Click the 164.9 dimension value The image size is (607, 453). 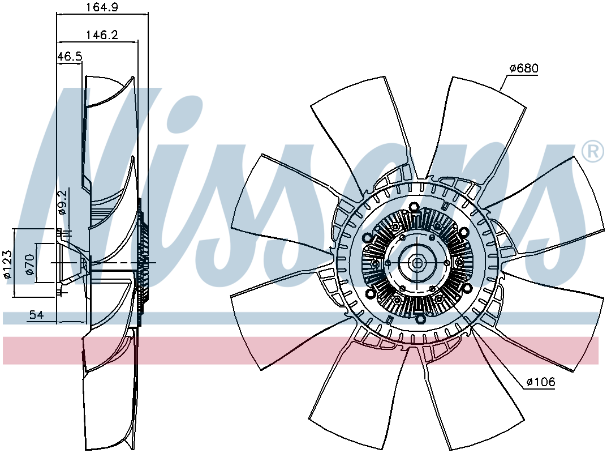click(102, 7)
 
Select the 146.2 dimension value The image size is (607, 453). click(102, 35)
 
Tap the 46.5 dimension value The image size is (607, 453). click(70, 57)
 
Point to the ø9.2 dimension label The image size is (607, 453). click(62, 202)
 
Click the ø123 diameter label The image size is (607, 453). click(7, 264)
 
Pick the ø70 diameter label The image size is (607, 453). click(30, 264)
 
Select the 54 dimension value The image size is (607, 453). click(36, 315)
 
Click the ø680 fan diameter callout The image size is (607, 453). click(524, 69)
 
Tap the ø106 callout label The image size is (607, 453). click(541, 382)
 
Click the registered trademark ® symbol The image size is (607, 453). click(593, 152)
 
